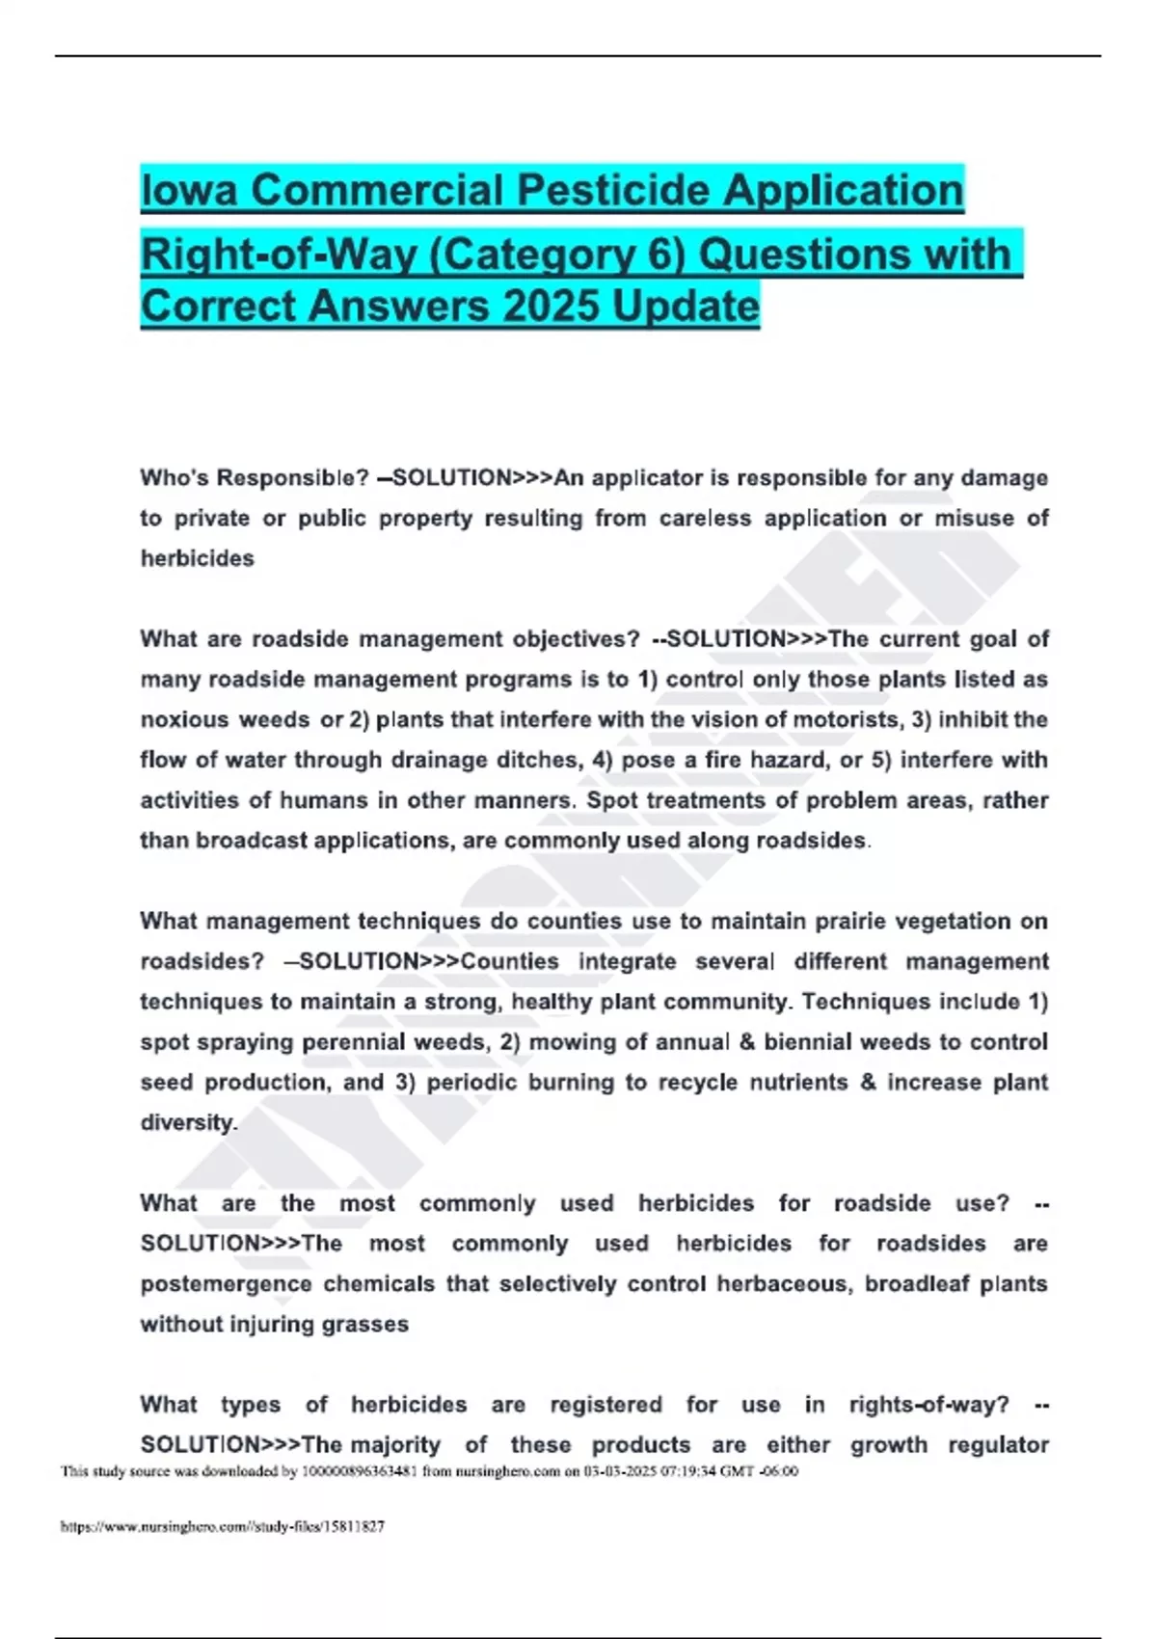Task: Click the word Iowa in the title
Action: click(189, 191)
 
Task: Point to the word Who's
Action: click(173, 478)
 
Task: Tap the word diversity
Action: click(188, 1123)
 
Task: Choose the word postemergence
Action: click(226, 1284)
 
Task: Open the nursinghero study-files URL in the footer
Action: click(223, 1526)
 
